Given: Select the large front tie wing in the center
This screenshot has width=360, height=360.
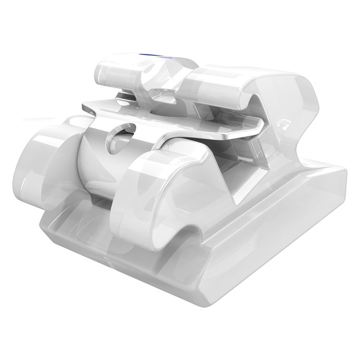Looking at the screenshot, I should (x=161, y=189).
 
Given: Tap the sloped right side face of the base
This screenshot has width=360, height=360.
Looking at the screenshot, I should (x=289, y=233).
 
